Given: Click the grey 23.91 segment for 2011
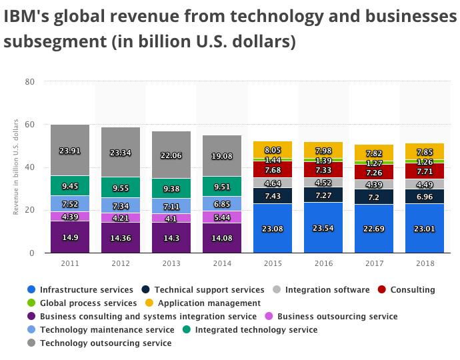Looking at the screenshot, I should (69, 151).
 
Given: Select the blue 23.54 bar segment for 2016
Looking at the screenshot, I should (323, 227).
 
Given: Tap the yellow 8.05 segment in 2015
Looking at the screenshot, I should (273, 151).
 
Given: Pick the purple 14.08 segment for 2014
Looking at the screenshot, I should (222, 237).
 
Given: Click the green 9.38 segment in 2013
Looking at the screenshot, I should (171, 188).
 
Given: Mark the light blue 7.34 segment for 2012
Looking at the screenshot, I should (121, 205).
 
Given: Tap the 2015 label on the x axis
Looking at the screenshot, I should (273, 263).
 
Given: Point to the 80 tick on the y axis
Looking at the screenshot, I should (29, 82).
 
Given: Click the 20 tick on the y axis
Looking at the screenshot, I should (29, 210).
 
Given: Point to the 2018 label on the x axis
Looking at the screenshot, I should (425, 263).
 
